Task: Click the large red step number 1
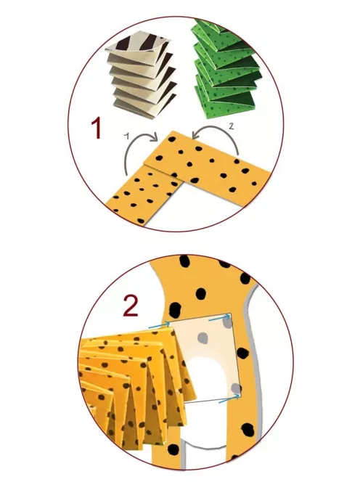point(97,129)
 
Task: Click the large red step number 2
point(131,306)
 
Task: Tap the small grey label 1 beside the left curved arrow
point(127,136)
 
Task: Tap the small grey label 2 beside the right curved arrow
point(232,126)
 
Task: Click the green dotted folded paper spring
point(226,69)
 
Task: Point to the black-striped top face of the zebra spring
point(139,41)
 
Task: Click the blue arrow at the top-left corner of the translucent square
point(159,325)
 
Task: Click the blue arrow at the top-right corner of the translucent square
point(219,317)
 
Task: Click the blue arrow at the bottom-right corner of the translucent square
point(229,399)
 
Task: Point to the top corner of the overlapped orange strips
point(173,131)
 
